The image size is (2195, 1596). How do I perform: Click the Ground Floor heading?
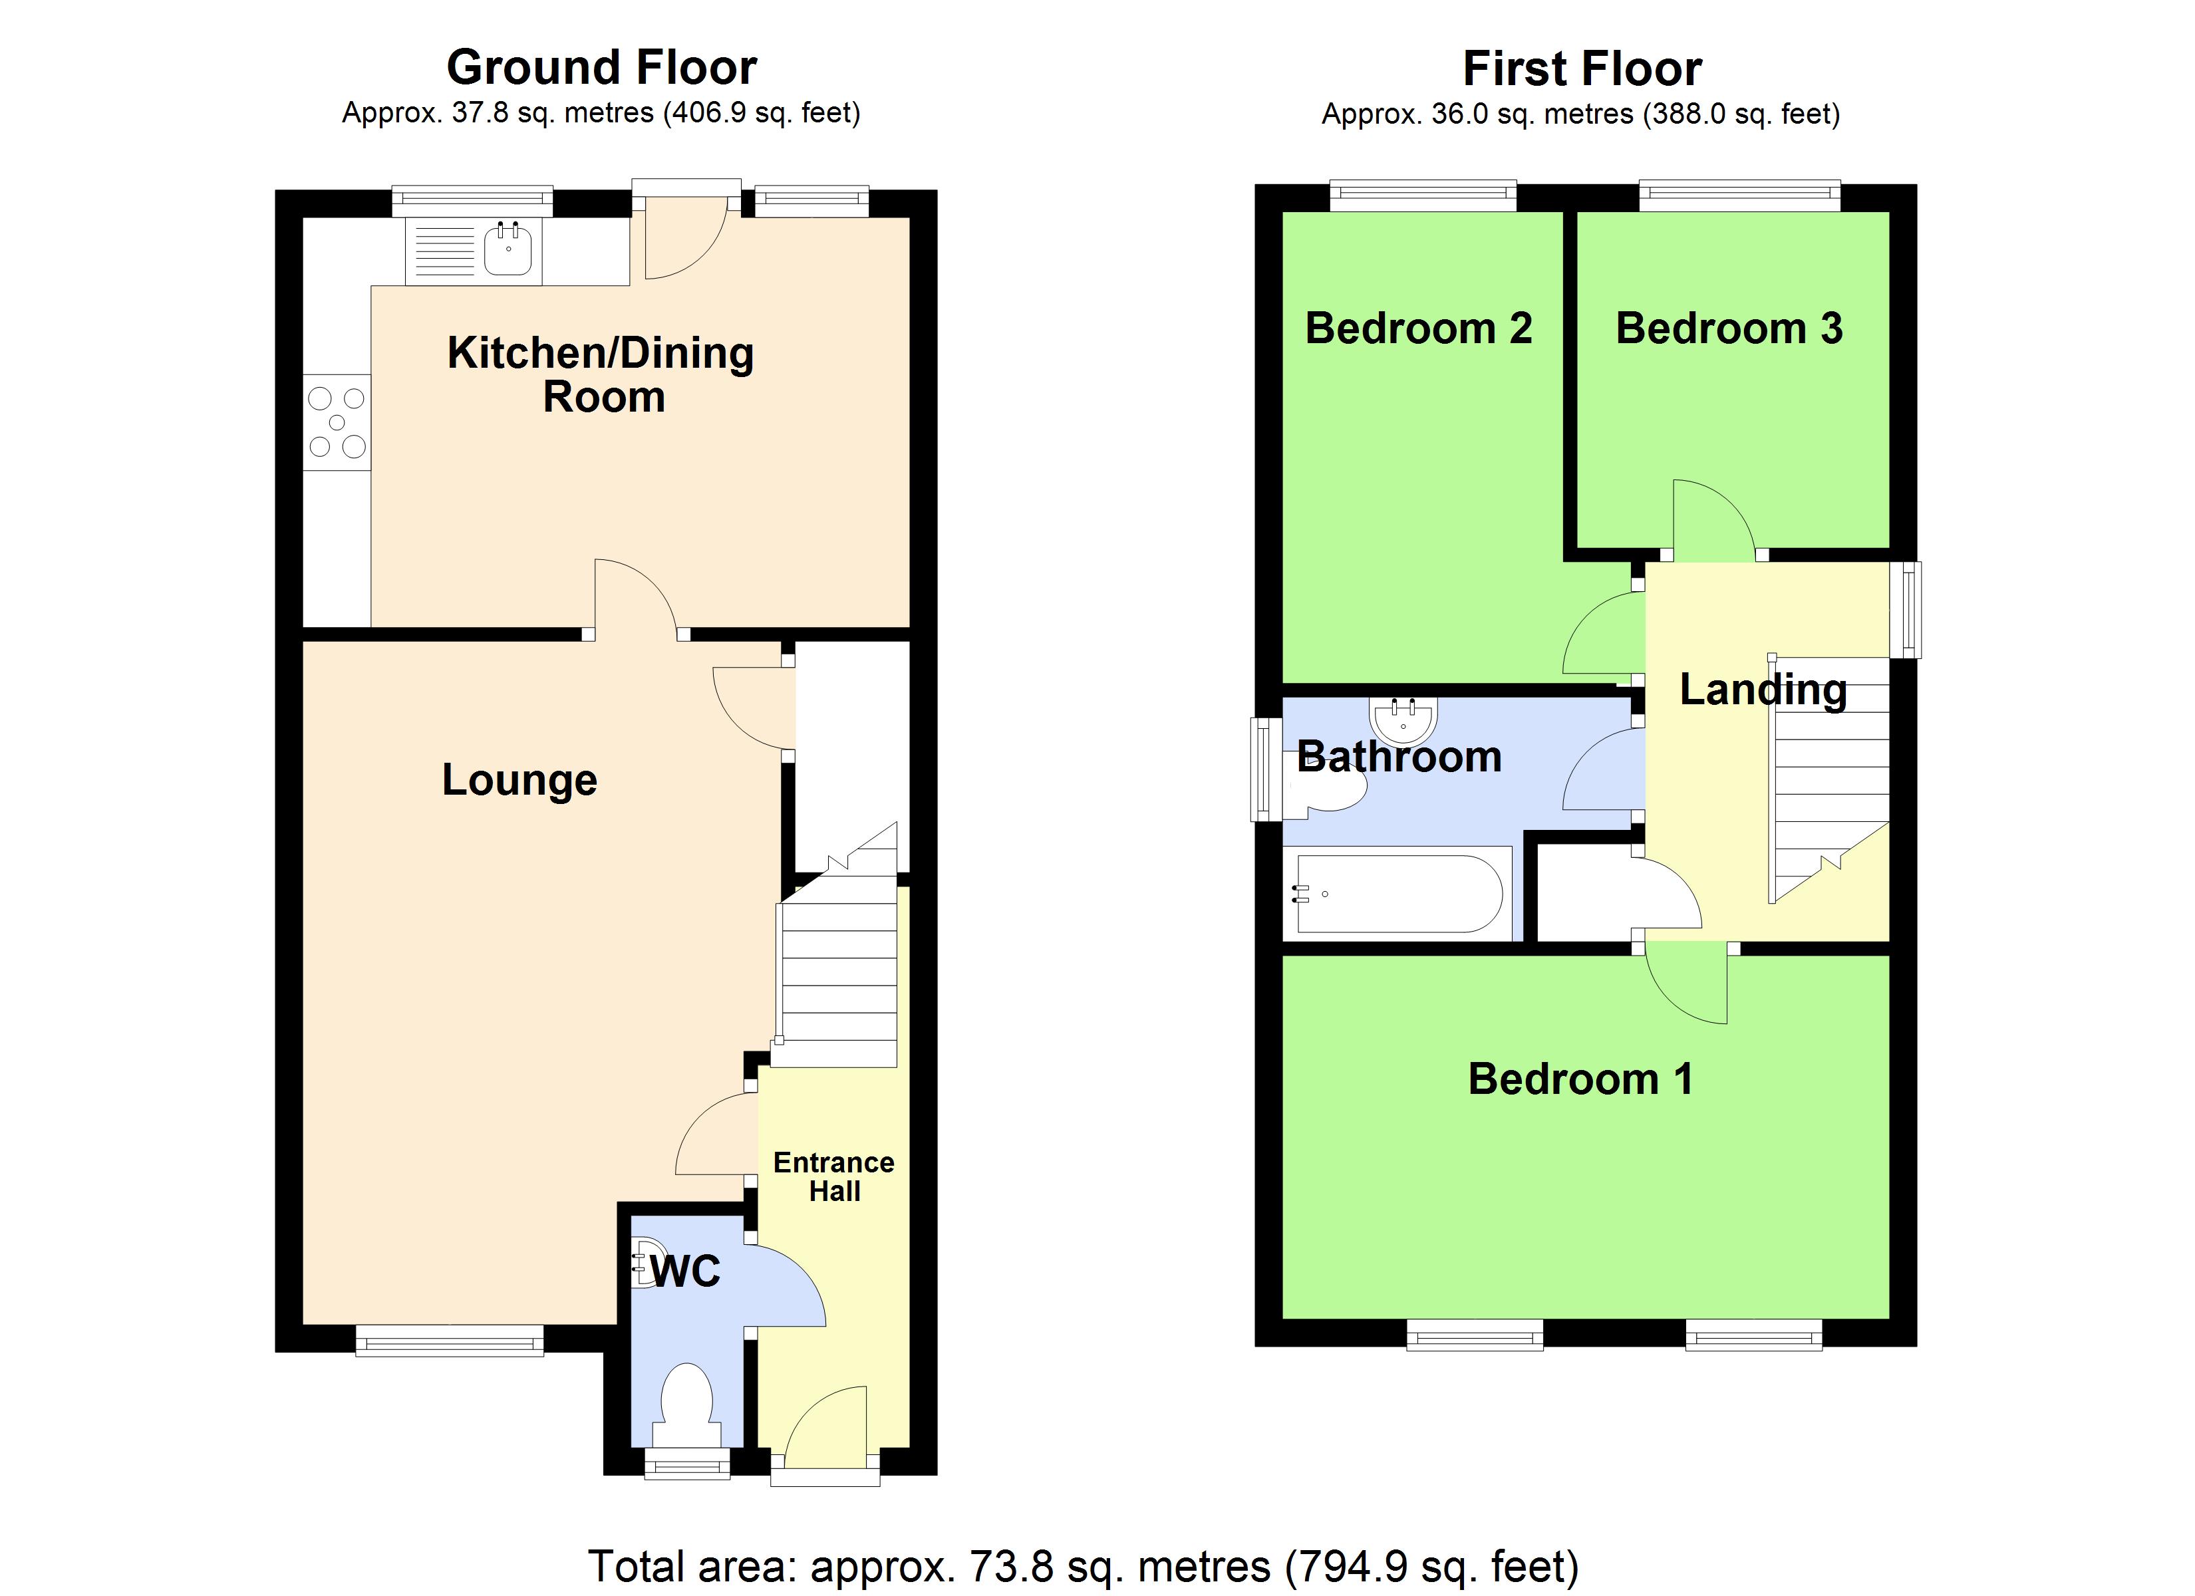(601, 68)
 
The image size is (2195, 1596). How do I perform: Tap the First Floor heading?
(1582, 68)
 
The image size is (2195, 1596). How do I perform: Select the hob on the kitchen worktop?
(337, 423)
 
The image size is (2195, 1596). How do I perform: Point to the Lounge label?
(519, 780)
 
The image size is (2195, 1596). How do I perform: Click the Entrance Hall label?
(833, 1176)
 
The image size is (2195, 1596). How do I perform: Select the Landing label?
(1763, 689)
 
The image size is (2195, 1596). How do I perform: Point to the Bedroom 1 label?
(1580, 1078)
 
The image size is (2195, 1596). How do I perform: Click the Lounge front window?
(449, 1341)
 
